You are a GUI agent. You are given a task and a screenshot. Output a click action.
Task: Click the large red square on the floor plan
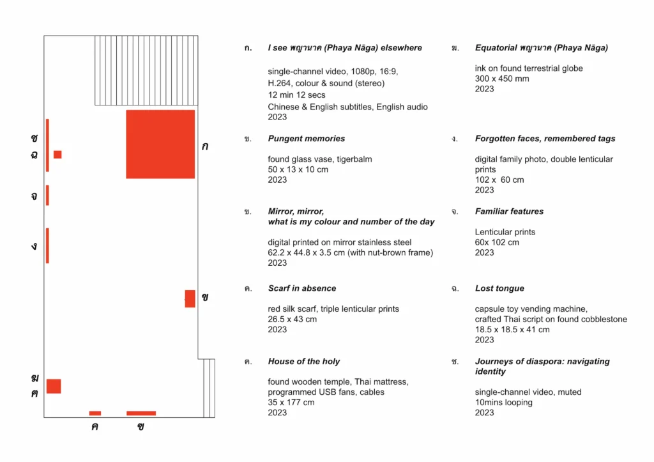[x=160, y=144]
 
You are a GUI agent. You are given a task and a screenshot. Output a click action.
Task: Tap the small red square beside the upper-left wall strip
[x=57, y=155]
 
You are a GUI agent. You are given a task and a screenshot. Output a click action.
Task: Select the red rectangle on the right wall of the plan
[x=190, y=299]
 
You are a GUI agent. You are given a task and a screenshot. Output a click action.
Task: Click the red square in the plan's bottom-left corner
[x=54, y=386]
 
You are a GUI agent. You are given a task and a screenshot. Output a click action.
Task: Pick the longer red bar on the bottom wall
[x=141, y=413]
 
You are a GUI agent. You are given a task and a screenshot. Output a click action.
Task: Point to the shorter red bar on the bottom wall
[x=95, y=413]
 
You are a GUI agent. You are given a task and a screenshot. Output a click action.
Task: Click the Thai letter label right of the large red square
[x=205, y=146]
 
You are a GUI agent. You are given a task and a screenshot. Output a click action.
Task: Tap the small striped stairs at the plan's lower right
[x=209, y=388]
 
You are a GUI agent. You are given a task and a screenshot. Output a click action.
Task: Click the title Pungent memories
[x=307, y=139]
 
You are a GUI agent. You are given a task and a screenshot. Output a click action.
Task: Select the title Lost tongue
[x=499, y=288]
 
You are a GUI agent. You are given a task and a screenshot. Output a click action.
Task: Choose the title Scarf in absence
[x=302, y=288]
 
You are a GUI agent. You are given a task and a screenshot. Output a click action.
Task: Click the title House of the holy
[x=304, y=362]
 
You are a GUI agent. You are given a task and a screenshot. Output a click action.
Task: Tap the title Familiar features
[x=509, y=212]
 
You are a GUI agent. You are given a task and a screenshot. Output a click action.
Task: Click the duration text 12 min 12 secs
[x=296, y=95]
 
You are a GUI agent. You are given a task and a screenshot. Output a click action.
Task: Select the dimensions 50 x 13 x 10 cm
[x=298, y=169]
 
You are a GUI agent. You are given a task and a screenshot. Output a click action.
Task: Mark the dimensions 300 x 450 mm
[x=502, y=79]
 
